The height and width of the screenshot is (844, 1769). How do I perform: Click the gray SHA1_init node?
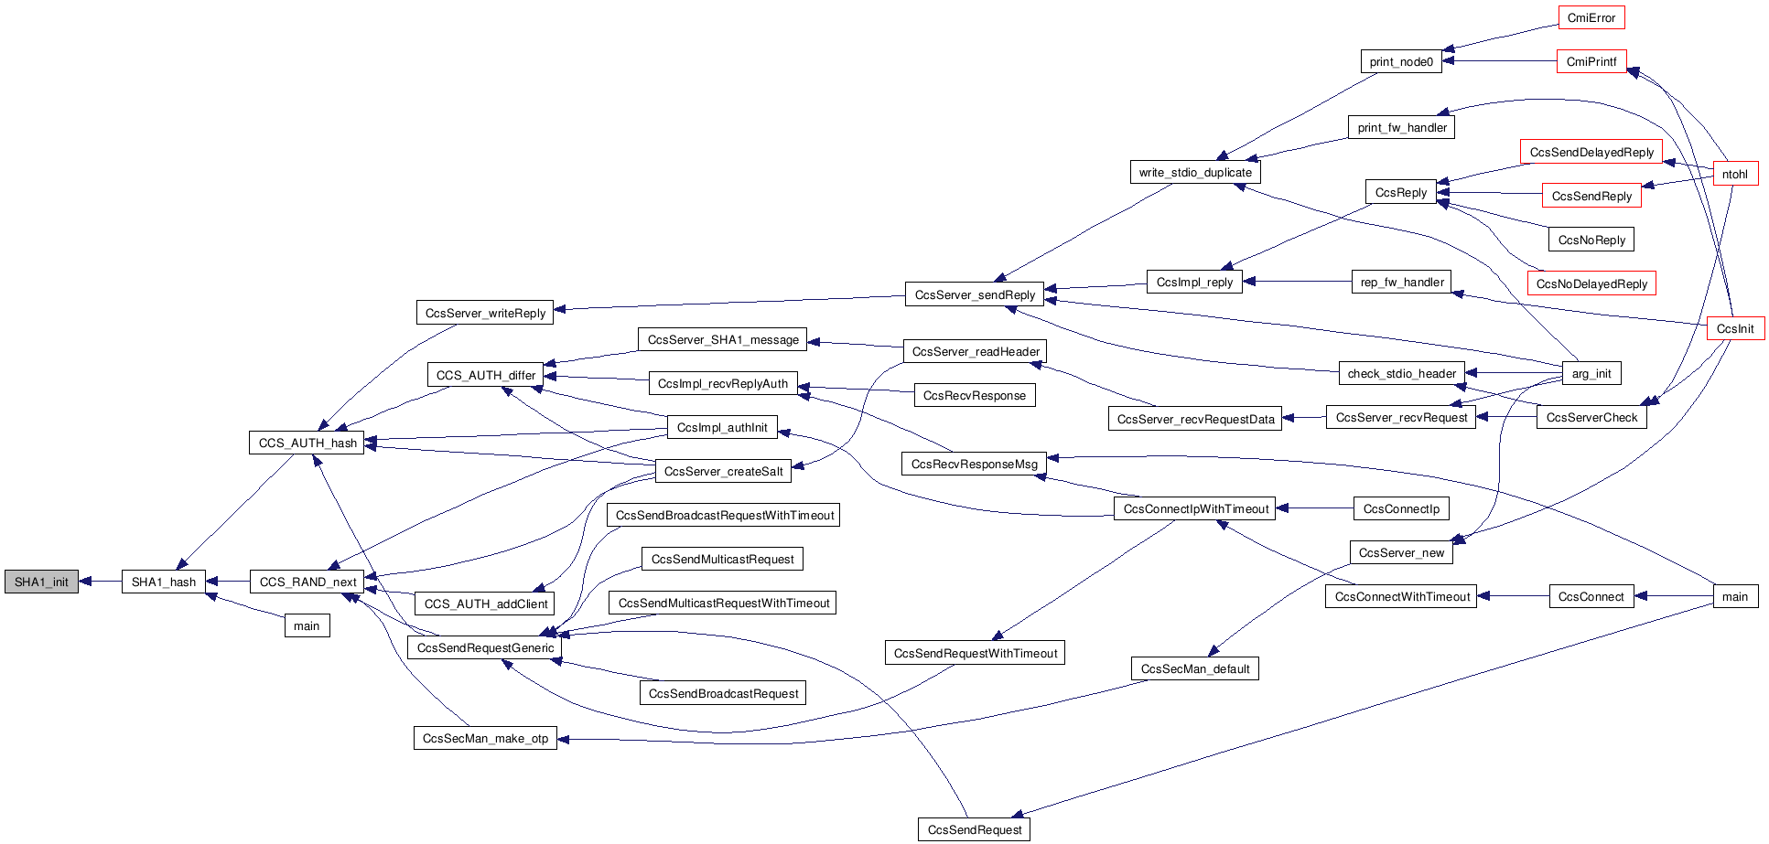click(x=41, y=582)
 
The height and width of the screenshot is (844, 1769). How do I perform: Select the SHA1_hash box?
click(x=164, y=582)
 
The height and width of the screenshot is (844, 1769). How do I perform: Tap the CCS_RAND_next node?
click(x=307, y=582)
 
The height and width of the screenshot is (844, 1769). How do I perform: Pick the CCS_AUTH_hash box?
click(x=307, y=443)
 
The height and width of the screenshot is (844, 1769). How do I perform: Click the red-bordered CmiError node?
click(x=1591, y=17)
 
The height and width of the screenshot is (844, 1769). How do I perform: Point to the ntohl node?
click(x=1734, y=174)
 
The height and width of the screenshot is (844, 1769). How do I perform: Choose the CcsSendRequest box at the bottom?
click(x=974, y=829)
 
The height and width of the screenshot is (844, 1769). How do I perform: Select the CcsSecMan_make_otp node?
click(x=485, y=738)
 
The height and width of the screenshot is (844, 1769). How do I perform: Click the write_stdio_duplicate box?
click(x=1194, y=172)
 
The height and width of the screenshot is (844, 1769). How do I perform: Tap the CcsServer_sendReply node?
click(x=975, y=294)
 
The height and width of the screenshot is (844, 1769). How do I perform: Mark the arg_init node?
click(x=1591, y=373)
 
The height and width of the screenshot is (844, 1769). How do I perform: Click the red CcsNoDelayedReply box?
click(x=1591, y=283)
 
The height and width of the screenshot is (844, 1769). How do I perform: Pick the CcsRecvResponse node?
click(x=974, y=395)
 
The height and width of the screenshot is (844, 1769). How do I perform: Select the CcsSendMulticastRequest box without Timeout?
click(x=722, y=559)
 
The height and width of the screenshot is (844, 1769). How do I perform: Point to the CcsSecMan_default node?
click(x=1194, y=668)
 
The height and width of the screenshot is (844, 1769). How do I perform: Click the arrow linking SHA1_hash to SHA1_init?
click(x=101, y=582)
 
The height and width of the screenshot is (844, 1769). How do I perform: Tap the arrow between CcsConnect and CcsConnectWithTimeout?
click(x=1513, y=596)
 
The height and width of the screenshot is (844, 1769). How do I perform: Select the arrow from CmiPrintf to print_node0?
click(x=1500, y=61)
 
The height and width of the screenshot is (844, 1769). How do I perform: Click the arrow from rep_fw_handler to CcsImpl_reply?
click(x=1297, y=282)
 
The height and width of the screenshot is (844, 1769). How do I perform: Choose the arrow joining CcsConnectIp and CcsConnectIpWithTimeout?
click(x=1315, y=508)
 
